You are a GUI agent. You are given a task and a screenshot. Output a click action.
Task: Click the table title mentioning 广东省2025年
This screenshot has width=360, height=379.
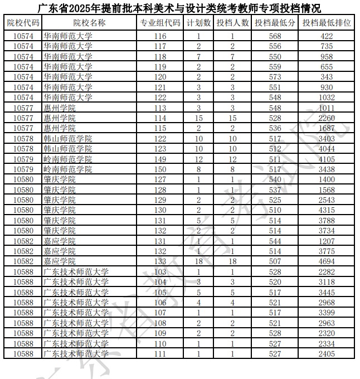tap(179, 8)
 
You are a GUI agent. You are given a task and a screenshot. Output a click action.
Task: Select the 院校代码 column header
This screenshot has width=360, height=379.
tap(23, 23)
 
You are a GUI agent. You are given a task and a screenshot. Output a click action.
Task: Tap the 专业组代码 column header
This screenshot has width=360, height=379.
tap(160, 23)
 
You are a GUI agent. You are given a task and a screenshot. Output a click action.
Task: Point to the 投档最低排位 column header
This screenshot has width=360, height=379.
tap(327, 23)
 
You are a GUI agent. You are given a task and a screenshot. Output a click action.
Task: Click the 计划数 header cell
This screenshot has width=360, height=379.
tap(198, 23)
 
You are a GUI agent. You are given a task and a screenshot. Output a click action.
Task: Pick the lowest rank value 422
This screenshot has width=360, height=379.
tap(327, 36)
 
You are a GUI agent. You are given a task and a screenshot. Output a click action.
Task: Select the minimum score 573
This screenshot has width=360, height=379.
tap(275, 76)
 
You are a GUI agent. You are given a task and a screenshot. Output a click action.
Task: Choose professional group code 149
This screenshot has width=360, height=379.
tap(160, 159)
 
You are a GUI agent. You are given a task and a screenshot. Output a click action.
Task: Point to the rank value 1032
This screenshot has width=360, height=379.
tap(327, 97)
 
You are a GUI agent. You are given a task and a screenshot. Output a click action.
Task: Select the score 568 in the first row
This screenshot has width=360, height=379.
tap(275, 36)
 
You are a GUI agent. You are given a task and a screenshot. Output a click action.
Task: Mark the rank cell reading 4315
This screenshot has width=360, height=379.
tap(327, 210)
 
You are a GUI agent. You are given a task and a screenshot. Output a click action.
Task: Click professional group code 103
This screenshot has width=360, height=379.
tap(160, 271)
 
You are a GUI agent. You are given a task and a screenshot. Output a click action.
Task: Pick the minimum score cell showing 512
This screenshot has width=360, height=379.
tap(275, 149)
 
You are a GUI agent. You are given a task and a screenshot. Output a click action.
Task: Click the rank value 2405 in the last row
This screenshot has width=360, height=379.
tap(327, 353)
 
